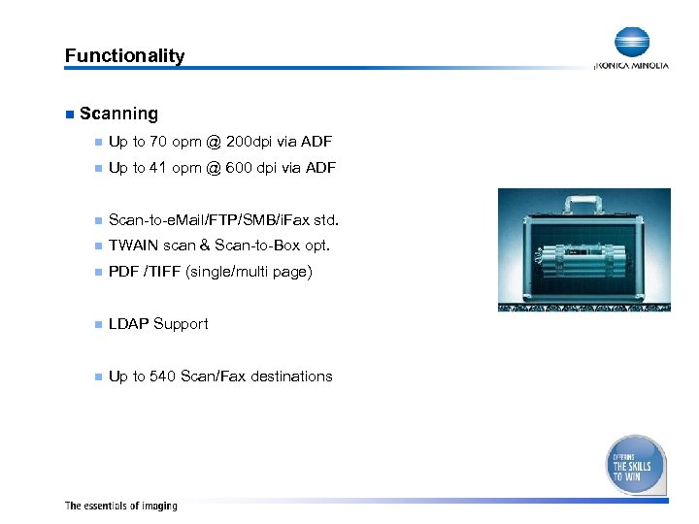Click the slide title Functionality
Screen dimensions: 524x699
124,56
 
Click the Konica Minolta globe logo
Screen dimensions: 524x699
631,44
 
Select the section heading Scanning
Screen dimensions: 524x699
118,114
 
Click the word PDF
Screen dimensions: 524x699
123,272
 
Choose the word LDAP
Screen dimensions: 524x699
128,324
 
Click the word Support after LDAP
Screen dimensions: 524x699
182,324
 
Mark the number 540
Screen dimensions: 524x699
162,377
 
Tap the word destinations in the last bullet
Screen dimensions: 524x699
291,377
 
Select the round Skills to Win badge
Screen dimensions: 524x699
636,465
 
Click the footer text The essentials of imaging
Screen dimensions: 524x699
121,506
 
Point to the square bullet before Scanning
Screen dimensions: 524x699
69,115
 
